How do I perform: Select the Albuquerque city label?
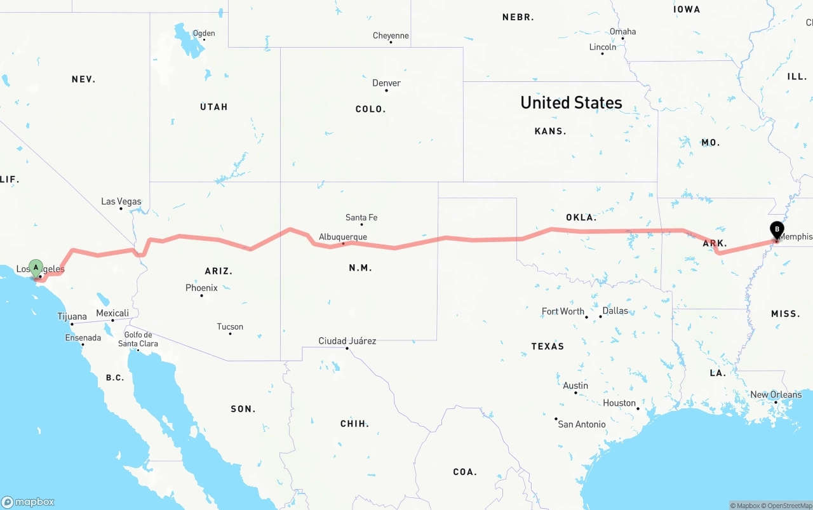tap(343, 237)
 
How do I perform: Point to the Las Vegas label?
tap(121, 201)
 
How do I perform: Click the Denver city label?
tap(386, 83)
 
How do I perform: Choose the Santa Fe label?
tap(361, 217)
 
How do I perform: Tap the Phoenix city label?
tap(201, 288)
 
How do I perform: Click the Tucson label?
tap(230, 326)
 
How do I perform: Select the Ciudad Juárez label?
tap(347, 341)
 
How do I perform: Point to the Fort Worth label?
tap(563, 311)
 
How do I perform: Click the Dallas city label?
tap(615, 311)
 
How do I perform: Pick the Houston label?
tap(619, 403)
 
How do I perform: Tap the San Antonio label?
tap(582, 424)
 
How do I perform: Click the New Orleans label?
tap(776, 394)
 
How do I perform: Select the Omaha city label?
tap(622, 32)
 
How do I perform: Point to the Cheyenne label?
tap(391, 36)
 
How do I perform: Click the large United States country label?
tap(571, 102)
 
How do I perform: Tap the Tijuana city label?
tap(72, 316)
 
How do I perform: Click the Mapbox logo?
tap(28, 502)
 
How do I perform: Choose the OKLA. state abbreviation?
tap(581, 217)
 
